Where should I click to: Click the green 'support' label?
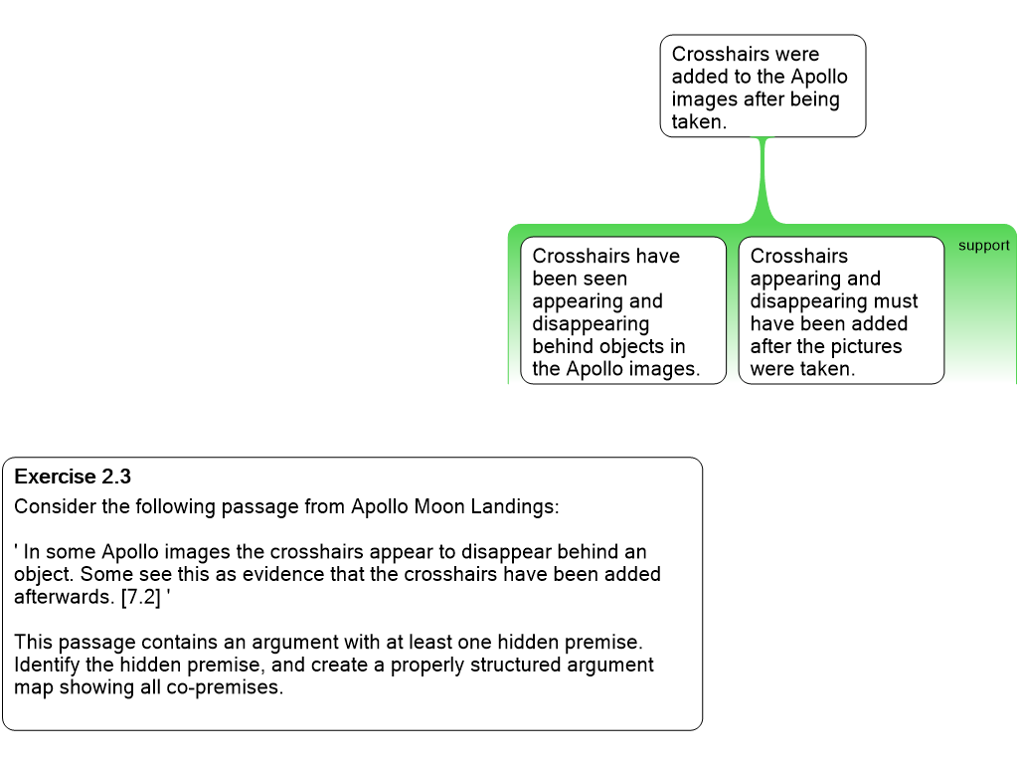pyautogui.click(x=983, y=246)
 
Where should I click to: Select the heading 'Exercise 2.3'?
pyautogui.click(x=73, y=477)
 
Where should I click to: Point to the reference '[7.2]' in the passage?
pyautogui.click(x=140, y=597)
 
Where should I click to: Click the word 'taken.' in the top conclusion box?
pyautogui.click(x=699, y=121)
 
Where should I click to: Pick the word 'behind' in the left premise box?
pyautogui.click(x=564, y=346)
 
